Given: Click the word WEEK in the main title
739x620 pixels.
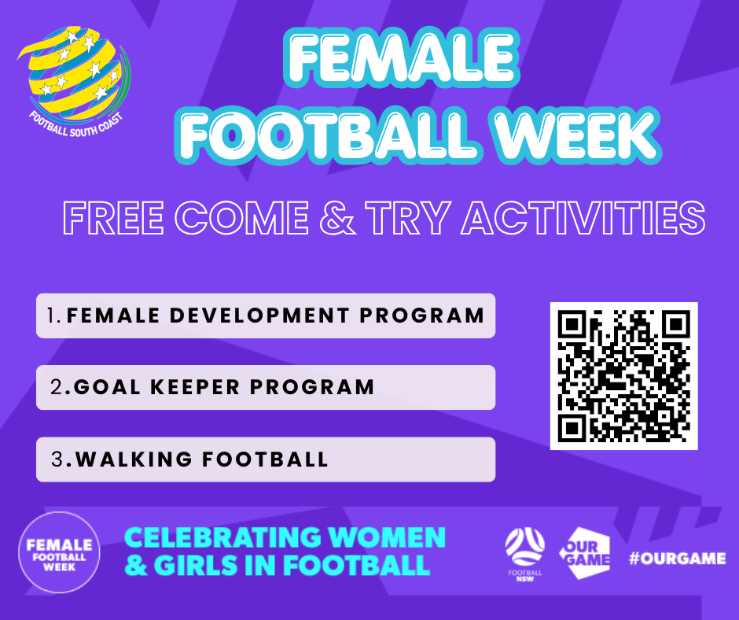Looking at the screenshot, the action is click(x=576, y=134).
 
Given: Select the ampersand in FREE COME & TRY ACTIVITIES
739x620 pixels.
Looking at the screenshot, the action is click(x=336, y=217).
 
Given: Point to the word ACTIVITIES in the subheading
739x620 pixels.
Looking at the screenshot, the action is click(x=583, y=217).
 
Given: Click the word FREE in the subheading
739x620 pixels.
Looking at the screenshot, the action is click(x=113, y=218).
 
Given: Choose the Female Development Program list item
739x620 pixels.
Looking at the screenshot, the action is click(x=266, y=316).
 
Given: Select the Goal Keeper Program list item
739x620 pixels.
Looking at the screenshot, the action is click(x=266, y=387).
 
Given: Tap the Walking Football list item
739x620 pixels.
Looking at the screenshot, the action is click(x=266, y=459).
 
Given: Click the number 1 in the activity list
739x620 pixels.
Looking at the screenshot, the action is click(x=52, y=316).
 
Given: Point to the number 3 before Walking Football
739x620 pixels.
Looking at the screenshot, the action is click(x=57, y=459).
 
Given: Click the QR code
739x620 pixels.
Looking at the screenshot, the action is click(x=624, y=376).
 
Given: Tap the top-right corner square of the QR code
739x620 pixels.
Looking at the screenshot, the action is click(x=676, y=323).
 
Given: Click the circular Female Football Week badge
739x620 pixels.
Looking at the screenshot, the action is click(x=60, y=552).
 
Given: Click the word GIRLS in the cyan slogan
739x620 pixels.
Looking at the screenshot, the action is click(x=195, y=565).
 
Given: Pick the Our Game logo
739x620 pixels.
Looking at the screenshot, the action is click(x=585, y=553).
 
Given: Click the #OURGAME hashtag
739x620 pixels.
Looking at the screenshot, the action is click(x=677, y=558).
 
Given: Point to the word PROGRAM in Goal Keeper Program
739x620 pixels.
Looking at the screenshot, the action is click(x=312, y=387).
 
